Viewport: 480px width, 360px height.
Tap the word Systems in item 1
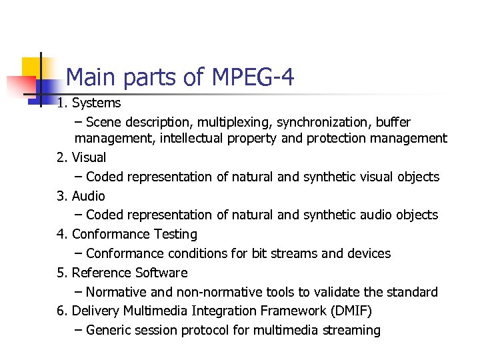(96, 103)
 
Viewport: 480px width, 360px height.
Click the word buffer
(393, 123)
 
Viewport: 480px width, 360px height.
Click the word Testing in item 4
(175, 235)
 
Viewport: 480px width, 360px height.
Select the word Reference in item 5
(101, 273)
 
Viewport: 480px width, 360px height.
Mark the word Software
(161, 273)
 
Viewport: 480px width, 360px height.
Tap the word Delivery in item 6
(93, 311)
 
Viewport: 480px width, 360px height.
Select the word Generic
(108, 331)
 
